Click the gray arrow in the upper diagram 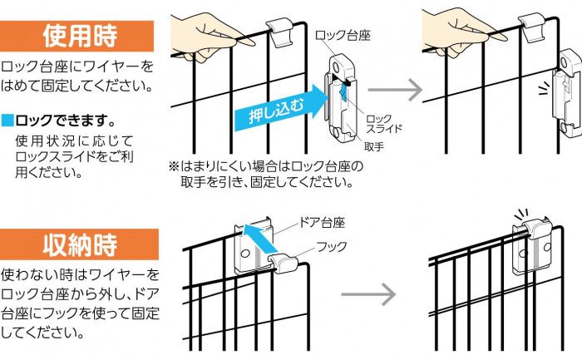[x=393, y=88]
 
